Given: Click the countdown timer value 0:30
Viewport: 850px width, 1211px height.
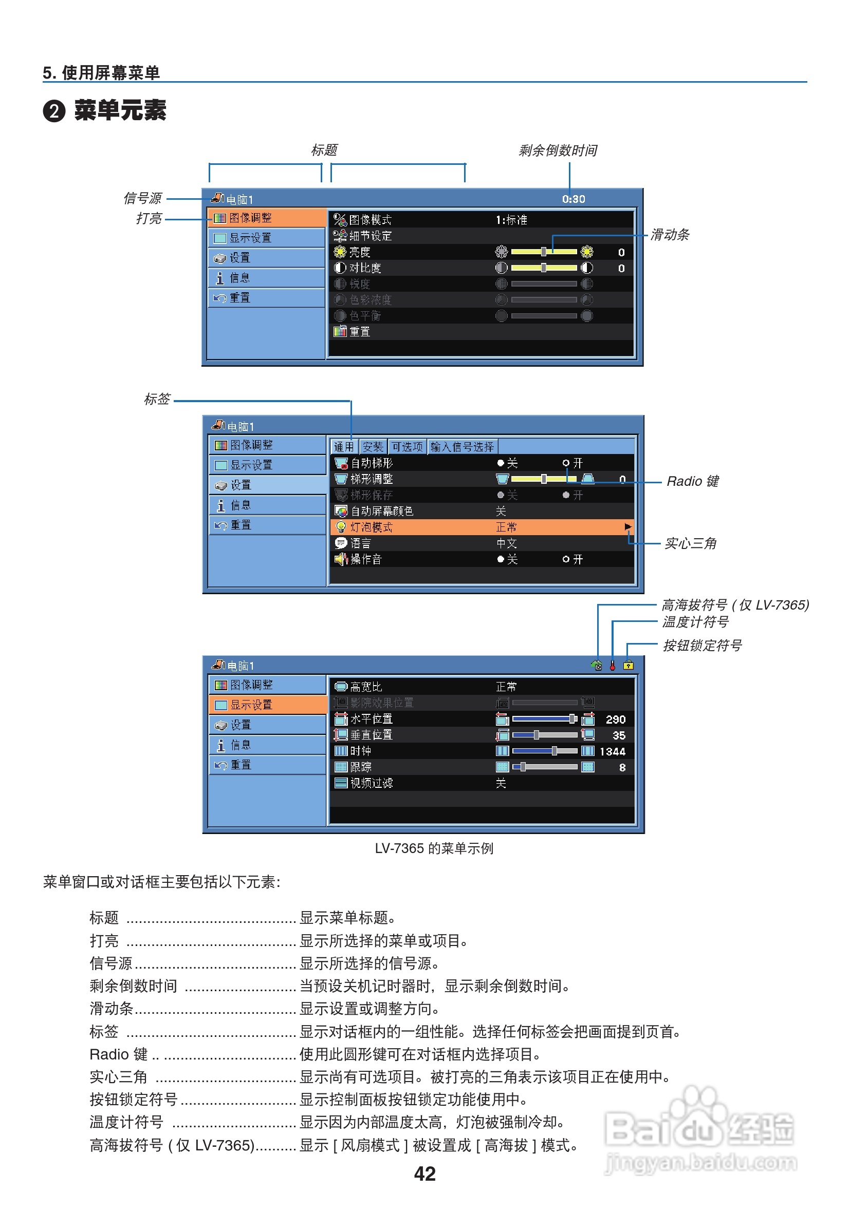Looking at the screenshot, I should [573, 199].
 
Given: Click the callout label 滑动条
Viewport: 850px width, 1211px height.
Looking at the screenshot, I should [669, 235].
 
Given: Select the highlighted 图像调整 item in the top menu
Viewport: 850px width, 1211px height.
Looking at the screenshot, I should [250, 218].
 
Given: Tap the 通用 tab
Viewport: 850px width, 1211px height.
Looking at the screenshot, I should [343, 447].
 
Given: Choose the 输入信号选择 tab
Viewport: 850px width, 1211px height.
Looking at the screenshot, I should [461, 447].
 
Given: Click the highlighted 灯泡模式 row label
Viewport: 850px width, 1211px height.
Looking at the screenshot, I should [371, 527].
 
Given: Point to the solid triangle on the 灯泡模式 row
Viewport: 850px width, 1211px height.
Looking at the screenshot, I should [627, 526].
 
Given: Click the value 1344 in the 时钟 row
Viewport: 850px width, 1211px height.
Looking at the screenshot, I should [612, 751].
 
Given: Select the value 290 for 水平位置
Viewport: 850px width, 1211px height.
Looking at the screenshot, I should [615, 719].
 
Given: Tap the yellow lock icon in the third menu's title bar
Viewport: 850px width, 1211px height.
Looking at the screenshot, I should [628, 665].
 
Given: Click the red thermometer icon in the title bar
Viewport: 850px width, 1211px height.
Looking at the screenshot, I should [612, 665].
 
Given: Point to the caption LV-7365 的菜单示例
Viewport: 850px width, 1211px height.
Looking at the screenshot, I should [434, 848].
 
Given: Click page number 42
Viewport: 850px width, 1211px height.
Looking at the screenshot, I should [424, 1174].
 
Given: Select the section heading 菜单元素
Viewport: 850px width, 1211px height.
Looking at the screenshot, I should [120, 111].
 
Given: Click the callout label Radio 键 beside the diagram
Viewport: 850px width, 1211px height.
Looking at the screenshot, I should [692, 481].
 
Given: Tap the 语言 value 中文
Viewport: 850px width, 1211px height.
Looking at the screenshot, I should [506, 543].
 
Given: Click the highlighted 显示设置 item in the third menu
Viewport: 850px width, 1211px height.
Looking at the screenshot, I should [251, 705].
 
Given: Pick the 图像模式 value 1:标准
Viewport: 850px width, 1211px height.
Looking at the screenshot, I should [511, 220].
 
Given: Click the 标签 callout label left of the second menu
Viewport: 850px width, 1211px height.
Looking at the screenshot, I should [157, 399].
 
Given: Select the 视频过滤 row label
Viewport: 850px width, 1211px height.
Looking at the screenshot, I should [371, 783].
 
